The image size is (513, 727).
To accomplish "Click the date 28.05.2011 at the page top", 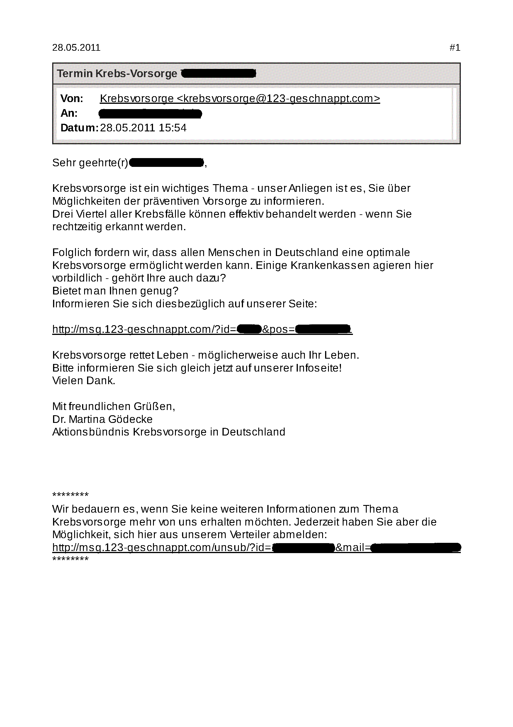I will [76, 48].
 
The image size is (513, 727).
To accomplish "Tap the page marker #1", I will [454, 48].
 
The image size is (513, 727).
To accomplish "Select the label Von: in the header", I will [72, 99].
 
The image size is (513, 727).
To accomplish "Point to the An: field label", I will [69, 113].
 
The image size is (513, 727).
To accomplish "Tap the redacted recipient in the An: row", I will [150, 113].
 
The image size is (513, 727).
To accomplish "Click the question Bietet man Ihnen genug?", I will [115, 291].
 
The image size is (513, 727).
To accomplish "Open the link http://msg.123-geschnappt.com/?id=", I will [144, 330].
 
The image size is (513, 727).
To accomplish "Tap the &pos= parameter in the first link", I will [278, 330].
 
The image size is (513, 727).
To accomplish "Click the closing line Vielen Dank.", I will [84, 381].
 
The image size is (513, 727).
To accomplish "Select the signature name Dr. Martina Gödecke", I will [102, 419].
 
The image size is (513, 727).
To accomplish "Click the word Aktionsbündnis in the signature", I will [91, 432].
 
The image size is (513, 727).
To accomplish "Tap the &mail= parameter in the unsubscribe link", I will [353, 548].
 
